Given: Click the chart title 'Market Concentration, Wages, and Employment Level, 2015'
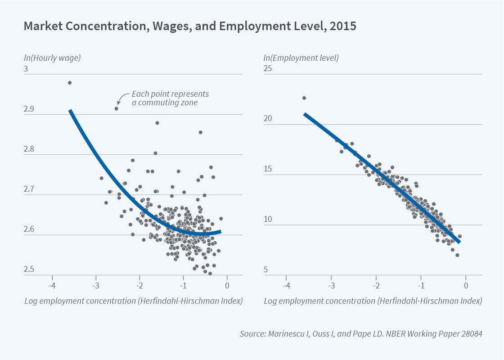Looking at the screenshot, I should [189, 26].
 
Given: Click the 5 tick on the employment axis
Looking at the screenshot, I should [266, 270].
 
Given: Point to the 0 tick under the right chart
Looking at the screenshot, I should [466, 285].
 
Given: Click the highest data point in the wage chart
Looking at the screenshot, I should [70, 83].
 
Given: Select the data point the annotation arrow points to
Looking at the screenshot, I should [116, 108].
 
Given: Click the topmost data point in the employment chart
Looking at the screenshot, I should [304, 98].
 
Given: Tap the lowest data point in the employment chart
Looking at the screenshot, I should [457, 255].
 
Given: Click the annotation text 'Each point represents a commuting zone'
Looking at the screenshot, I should [170, 98].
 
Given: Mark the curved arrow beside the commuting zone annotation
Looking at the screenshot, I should [122, 97].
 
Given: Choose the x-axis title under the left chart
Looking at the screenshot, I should [133, 301].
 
